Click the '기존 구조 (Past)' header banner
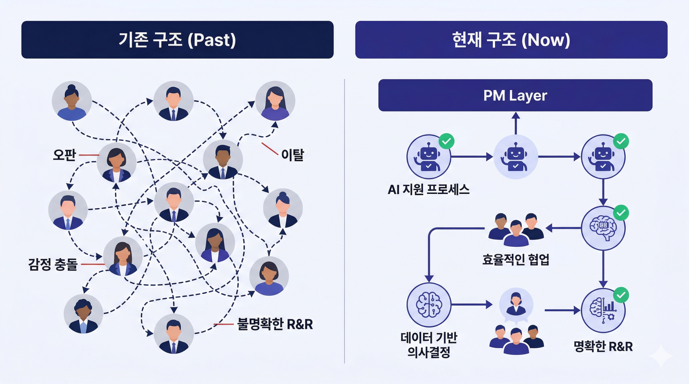tap(177, 40)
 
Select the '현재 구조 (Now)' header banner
tap(511, 40)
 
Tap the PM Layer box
tap(515, 95)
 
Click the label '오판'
tap(64, 155)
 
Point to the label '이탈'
tap(293, 155)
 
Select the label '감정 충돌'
tap(53, 264)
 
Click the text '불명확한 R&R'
tap(275, 324)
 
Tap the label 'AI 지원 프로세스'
tap(428, 190)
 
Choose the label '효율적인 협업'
tap(515, 260)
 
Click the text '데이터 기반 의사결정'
tap(429, 345)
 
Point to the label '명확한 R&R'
tap(603, 346)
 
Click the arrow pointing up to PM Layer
tap(515, 124)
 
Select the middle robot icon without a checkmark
tap(515, 157)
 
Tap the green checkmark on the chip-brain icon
tap(621, 213)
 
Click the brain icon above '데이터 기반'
tap(429, 304)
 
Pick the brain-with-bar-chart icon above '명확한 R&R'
tap(603, 310)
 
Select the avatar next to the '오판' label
tap(116, 163)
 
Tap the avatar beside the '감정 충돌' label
tap(123, 256)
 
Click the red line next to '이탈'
tap(270, 149)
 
